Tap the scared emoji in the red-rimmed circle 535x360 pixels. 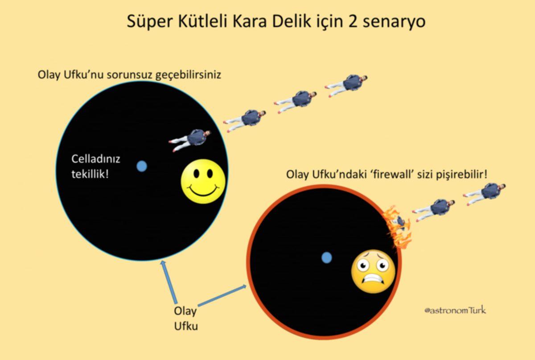point(373,271)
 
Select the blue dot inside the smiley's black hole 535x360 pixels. point(142,166)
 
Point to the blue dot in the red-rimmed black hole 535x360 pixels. point(327,257)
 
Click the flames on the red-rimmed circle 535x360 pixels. point(397,226)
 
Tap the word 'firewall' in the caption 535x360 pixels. point(392,175)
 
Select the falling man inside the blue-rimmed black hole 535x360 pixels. point(190,139)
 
